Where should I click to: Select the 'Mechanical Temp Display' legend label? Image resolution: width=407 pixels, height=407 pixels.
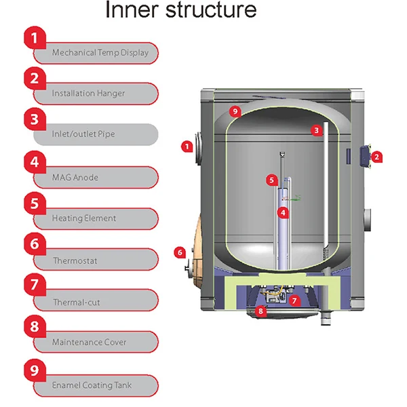(x=100, y=52)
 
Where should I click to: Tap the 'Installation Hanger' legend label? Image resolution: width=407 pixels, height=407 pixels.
(x=88, y=93)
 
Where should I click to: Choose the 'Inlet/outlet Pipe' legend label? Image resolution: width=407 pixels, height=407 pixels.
(x=83, y=134)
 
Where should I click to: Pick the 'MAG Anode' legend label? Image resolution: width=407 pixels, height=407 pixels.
(x=75, y=177)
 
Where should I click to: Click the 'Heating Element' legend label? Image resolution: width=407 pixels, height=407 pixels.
(x=83, y=218)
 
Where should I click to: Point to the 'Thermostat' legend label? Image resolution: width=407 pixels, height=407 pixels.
(x=75, y=260)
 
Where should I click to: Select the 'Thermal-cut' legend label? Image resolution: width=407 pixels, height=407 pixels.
(x=76, y=302)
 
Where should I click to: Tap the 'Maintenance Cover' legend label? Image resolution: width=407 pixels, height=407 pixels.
(x=89, y=342)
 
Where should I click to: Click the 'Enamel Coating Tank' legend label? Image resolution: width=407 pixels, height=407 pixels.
(x=92, y=385)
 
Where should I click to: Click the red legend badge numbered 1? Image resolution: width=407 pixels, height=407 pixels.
(x=35, y=37)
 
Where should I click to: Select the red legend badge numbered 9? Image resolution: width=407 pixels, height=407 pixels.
(x=35, y=370)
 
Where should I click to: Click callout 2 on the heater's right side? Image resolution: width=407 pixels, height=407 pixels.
(x=378, y=157)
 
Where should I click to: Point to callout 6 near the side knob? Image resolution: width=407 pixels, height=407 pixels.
(x=180, y=252)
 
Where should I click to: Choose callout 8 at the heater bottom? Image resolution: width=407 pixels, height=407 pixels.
(x=258, y=311)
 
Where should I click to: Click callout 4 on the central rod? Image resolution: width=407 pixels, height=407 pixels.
(x=284, y=212)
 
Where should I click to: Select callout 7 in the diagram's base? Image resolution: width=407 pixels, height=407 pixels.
(x=294, y=299)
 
